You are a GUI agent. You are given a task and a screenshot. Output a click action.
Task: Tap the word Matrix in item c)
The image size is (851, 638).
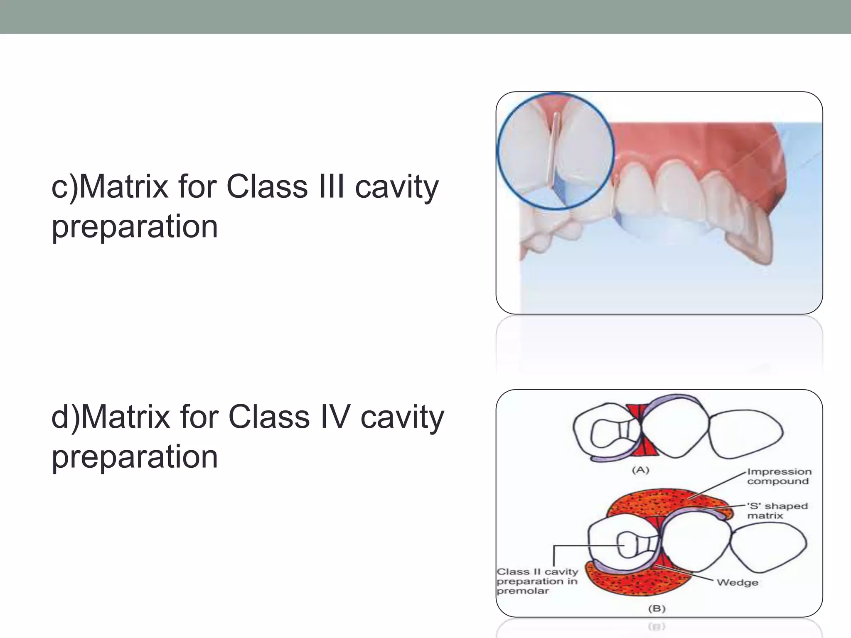(x=123, y=187)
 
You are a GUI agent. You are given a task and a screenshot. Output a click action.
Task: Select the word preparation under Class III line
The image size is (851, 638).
(x=134, y=226)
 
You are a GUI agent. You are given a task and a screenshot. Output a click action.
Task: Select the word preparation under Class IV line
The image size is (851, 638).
(x=134, y=457)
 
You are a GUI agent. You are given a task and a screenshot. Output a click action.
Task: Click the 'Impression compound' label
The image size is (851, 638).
(x=778, y=476)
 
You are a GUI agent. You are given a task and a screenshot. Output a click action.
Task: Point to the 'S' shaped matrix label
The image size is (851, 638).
(x=777, y=511)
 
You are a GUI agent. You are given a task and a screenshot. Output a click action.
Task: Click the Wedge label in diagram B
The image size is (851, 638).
(x=737, y=582)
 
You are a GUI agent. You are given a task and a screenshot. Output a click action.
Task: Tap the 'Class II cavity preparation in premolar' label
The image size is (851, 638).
(x=537, y=581)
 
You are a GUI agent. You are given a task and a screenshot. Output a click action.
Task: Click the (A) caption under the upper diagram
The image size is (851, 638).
(x=640, y=470)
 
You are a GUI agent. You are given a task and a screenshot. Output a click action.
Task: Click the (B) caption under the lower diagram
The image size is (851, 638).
(x=657, y=609)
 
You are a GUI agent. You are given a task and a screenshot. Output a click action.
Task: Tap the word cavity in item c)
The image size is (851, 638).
(x=396, y=187)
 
